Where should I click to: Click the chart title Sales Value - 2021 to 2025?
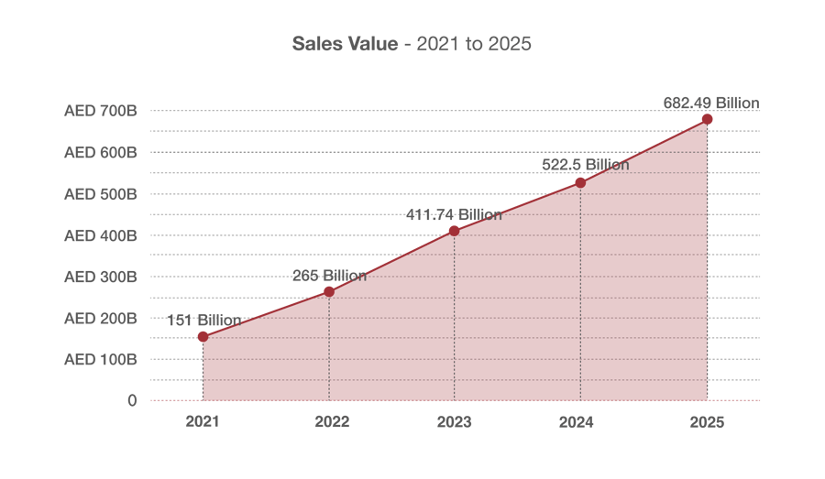click(412, 44)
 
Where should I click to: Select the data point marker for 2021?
click(203, 337)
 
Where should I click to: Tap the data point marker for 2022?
click(329, 291)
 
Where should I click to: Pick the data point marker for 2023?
click(454, 232)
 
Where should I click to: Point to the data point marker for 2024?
click(580, 183)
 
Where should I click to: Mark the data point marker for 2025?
click(707, 119)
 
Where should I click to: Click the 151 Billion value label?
click(204, 320)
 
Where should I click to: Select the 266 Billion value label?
click(329, 275)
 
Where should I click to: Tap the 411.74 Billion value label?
click(455, 214)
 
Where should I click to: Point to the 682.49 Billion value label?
click(711, 103)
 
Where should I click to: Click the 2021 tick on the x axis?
click(203, 422)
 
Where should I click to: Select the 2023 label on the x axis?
click(454, 422)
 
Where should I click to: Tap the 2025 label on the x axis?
click(707, 422)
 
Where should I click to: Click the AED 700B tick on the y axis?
click(101, 111)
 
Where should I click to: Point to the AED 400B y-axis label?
click(101, 235)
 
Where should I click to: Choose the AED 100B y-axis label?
click(101, 359)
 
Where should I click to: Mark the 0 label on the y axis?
click(132, 400)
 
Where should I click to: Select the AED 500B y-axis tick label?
click(101, 194)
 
